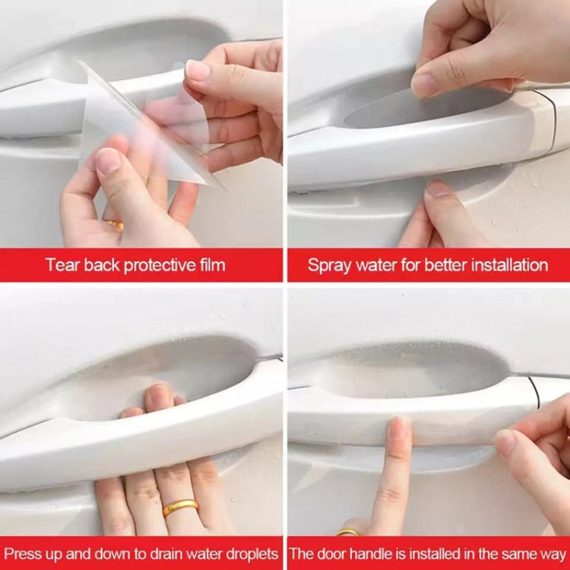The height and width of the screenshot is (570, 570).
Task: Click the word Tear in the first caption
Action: pyautogui.click(x=60, y=265)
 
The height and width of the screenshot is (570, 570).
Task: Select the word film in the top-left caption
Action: pyautogui.click(x=210, y=265)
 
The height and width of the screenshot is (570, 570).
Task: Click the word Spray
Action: pyautogui.click(x=328, y=265)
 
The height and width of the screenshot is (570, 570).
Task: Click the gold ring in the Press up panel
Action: pyautogui.click(x=180, y=507)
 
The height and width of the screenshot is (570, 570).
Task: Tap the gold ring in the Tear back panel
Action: pyautogui.click(x=116, y=225)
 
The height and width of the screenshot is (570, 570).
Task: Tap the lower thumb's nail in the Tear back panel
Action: pyautogui.click(x=108, y=161)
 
